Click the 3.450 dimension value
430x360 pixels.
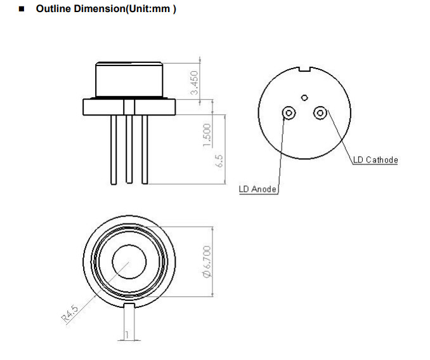195,82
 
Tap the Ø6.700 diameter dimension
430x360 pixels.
207,262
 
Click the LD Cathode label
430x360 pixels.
375,159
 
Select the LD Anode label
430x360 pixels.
257,189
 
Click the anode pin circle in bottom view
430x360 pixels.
289,113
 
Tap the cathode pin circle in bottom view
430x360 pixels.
320,113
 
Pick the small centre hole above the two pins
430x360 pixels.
304,98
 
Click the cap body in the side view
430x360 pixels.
129,79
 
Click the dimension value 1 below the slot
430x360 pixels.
127,334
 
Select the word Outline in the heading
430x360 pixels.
53,9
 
